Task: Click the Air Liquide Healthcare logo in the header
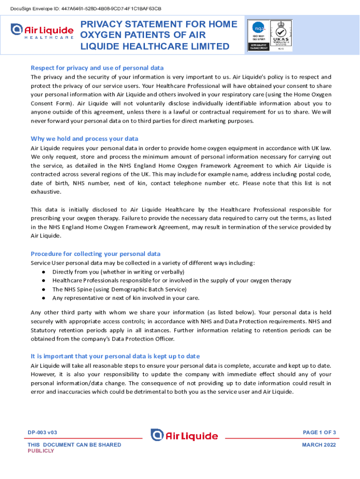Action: pyautogui.click(x=42, y=32)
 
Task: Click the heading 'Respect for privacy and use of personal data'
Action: pyautogui.click(x=97, y=68)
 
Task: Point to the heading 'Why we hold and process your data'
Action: pyautogui.click(x=84, y=138)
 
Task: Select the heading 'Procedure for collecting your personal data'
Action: pyautogui.click(x=95, y=254)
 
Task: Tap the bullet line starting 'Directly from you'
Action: pyautogui.click(x=118, y=272)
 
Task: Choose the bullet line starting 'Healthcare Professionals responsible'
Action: pyautogui.click(x=172, y=280)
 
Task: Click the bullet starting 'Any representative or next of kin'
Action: pyautogui.click(x=125, y=298)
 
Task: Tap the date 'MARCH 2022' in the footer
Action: pyautogui.click(x=319, y=445)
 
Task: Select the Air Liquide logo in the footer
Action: pyautogui.click(x=184, y=435)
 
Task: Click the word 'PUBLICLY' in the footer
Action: pyautogui.click(x=41, y=451)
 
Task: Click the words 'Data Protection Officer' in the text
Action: pyautogui.click(x=144, y=339)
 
